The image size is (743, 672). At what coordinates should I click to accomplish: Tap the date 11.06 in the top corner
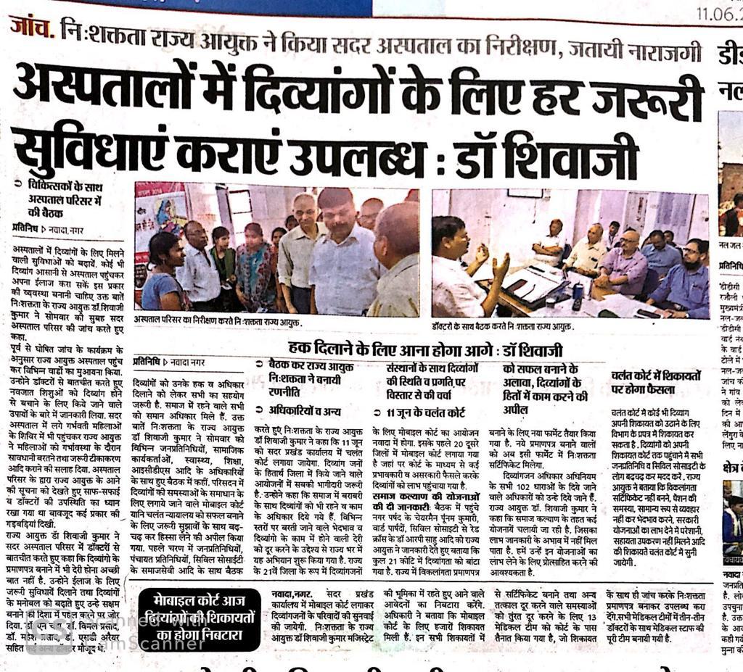[718, 12]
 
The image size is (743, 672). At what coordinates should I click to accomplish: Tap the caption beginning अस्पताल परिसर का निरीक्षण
[218, 322]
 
